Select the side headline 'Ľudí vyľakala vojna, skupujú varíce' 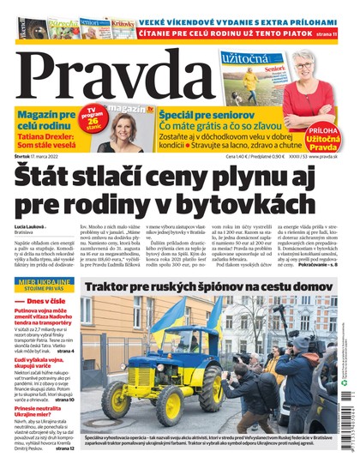[43, 364]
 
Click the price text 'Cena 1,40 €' [241, 155]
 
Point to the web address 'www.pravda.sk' [330, 155]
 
